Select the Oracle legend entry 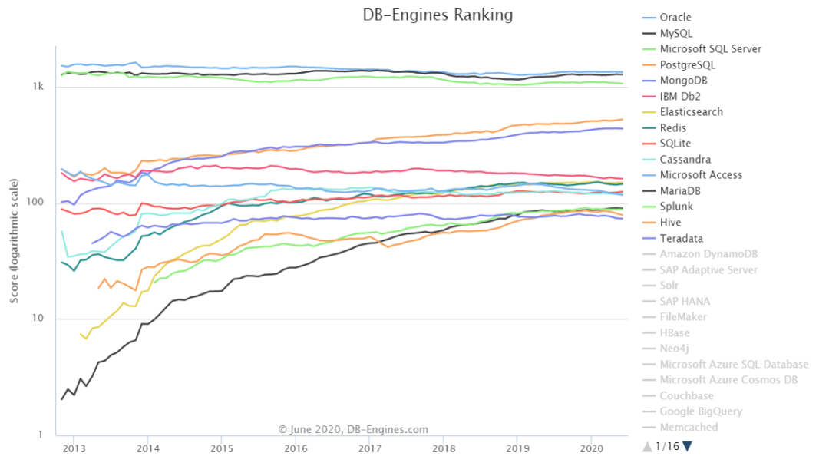click(675, 18)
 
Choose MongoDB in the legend click(682, 81)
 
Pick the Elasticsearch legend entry click(691, 112)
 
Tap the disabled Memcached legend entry click(689, 427)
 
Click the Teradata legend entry click(681, 238)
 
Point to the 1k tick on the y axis click(38, 87)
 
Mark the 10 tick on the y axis click(40, 319)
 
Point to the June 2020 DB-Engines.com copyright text click(353, 430)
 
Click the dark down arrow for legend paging click(687, 446)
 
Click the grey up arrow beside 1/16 click(648, 446)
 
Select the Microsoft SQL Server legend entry click(710, 49)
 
